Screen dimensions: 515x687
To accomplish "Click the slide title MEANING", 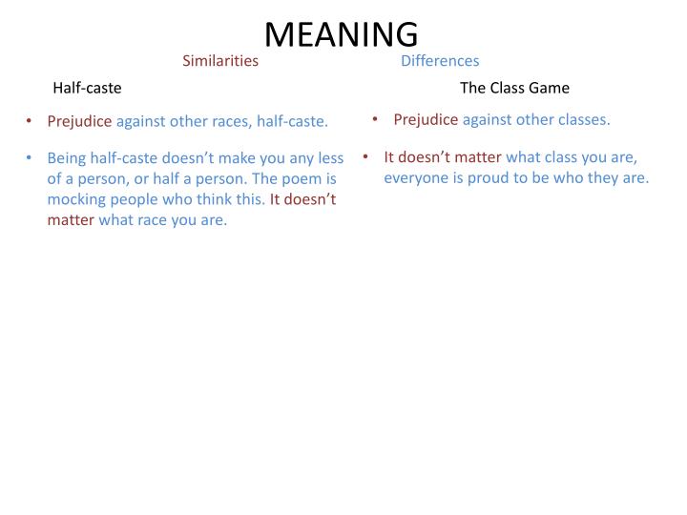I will tap(341, 33).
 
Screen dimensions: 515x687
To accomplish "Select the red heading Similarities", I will tap(220, 61).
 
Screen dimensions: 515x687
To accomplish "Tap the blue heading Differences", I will tap(440, 61).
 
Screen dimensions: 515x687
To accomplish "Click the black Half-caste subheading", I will tap(87, 88).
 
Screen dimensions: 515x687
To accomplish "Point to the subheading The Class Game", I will tap(514, 88).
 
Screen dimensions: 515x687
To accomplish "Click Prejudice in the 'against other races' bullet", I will tap(80, 121).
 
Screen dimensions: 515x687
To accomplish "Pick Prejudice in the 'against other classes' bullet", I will tap(426, 119).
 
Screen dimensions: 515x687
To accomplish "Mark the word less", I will tap(329, 157).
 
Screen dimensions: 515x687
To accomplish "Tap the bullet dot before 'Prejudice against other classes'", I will tap(376, 119).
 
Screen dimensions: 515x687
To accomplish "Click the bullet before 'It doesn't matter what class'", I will tap(366, 156).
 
